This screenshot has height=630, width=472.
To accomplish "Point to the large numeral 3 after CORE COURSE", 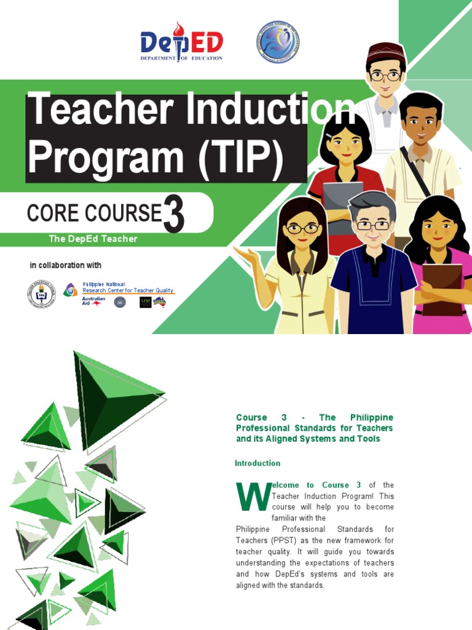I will (x=173, y=215).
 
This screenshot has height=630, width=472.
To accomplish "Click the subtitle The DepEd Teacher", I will (x=93, y=239).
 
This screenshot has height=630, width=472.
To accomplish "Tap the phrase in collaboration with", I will (x=66, y=265).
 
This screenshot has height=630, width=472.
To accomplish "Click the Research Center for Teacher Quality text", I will (x=128, y=290).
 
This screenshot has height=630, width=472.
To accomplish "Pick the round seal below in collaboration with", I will (x=41, y=293).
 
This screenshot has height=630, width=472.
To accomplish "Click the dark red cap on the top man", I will (x=385, y=50).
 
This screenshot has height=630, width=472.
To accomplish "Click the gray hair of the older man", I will (x=372, y=201).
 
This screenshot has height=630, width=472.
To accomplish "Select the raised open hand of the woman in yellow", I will (x=246, y=254).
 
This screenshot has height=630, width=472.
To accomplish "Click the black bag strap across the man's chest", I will (x=415, y=170).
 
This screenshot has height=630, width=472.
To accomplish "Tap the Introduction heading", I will (x=258, y=463).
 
